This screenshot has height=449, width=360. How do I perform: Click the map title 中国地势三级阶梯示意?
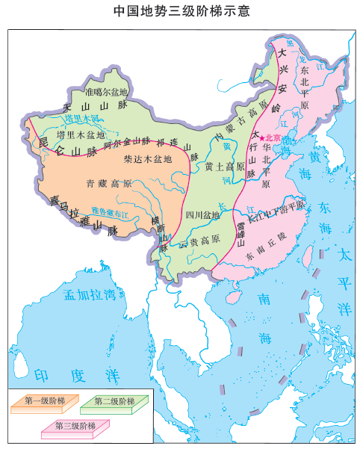coord(180,11)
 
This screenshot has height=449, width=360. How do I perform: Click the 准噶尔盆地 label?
coord(106,93)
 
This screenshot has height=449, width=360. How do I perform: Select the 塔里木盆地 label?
coord(80,134)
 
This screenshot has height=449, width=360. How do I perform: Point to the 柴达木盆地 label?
coord(147,159)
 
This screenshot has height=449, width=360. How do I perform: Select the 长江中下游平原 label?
coord(276,205)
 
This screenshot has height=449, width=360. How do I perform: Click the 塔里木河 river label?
coord(81,118)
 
